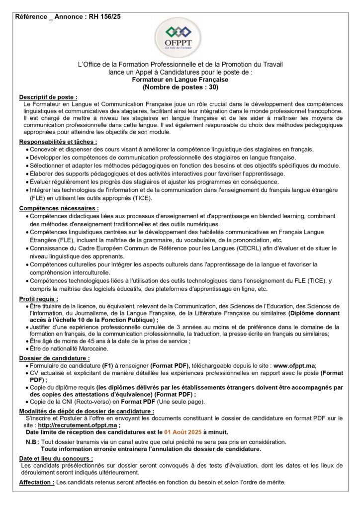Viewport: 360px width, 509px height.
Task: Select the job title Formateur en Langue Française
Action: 180,79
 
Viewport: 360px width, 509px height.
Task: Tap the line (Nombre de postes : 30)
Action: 180,86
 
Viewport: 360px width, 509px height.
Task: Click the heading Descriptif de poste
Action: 48,96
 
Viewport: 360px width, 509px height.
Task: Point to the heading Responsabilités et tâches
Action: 58,142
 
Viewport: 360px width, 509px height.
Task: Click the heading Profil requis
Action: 38,299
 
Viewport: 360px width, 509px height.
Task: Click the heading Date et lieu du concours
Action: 56,458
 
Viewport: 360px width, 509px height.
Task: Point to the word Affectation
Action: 37,483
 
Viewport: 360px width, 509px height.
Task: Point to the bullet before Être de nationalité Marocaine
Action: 26,348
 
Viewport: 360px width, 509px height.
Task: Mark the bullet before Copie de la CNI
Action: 26,402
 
